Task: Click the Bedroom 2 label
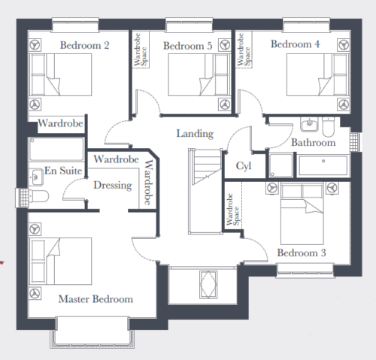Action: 85,45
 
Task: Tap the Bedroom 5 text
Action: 188,46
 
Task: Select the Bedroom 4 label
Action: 296,44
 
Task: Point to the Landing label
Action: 195,134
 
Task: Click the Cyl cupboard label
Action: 244,166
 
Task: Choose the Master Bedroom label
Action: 96,299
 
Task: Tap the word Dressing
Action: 113,186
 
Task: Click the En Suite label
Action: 63,171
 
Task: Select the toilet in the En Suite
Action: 38,196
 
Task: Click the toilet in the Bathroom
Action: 329,126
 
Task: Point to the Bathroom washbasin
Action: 310,124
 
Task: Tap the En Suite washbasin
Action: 36,177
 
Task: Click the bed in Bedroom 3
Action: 302,213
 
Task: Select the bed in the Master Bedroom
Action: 60,261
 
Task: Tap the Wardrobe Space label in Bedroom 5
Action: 141,50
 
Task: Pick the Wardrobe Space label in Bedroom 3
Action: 233,210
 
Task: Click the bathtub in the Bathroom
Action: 323,165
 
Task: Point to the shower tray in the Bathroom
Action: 281,165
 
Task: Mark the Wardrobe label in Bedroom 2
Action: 60,123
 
